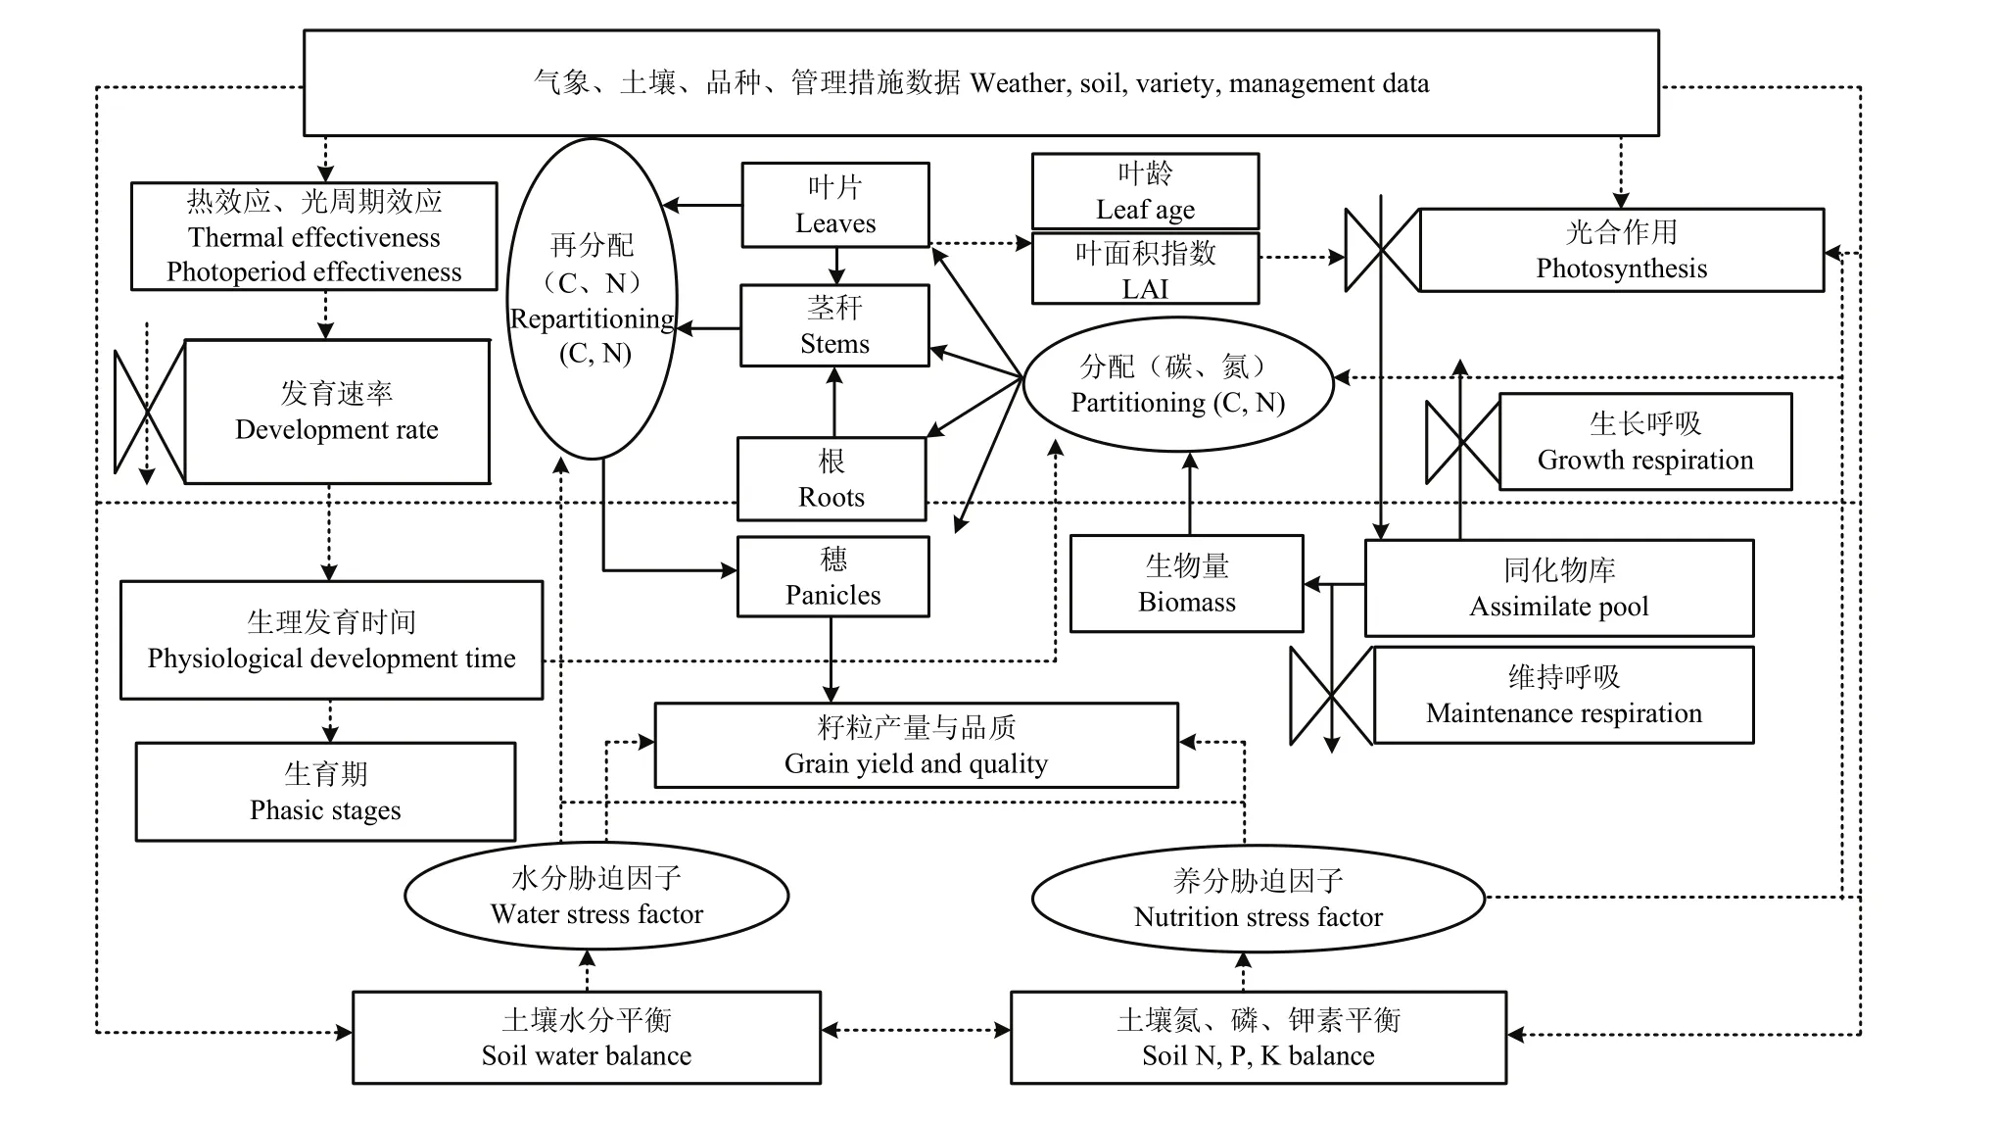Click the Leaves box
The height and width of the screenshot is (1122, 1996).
[834, 205]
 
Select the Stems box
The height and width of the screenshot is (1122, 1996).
[834, 325]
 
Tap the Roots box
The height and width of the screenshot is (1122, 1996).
[831, 478]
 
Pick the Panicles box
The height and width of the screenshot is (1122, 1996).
[832, 576]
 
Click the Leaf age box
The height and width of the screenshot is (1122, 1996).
[1145, 191]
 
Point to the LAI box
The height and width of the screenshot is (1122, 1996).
[1145, 269]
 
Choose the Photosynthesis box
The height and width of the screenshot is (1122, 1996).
[1621, 250]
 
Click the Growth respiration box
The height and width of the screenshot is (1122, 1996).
[1645, 441]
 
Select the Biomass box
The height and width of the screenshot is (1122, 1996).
[1186, 583]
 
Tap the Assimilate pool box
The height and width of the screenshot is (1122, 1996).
[1558, 588]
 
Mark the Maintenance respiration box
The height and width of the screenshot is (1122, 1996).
[1563, 695]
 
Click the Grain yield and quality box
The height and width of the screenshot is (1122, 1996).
[916, 745]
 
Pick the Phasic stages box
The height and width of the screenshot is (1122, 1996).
[325, 792]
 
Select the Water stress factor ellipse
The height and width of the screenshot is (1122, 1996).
[596, 896]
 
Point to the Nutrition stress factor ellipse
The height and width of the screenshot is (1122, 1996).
[1259, 899]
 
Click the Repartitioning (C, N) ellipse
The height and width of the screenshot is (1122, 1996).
[593, 299]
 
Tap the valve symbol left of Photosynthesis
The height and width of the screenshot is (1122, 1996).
[1382, 251]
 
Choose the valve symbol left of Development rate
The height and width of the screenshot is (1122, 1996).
[149, 412]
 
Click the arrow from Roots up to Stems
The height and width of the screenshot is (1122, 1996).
[834, 402]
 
